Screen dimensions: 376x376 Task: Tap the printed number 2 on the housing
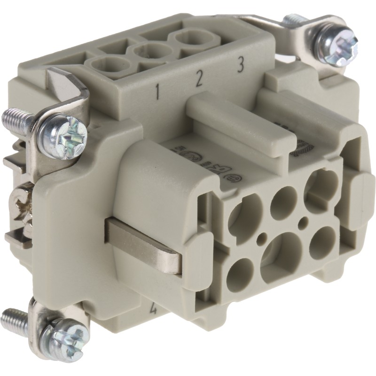click(x=199, y=80)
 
